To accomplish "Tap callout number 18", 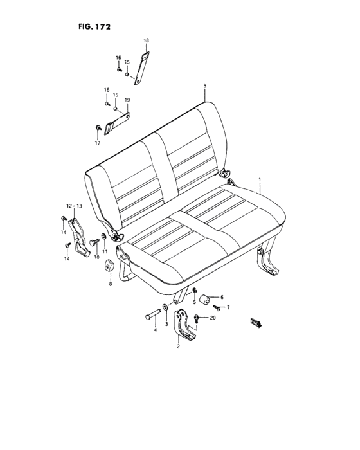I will point(146,40).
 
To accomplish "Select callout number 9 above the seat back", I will point(204,85).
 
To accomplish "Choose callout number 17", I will point(98,143).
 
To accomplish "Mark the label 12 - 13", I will point(75,205).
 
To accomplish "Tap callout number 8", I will point(109,283).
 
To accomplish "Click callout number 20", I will point(213,317).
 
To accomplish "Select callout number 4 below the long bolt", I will point(154,330).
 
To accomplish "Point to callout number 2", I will point(178,346).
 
